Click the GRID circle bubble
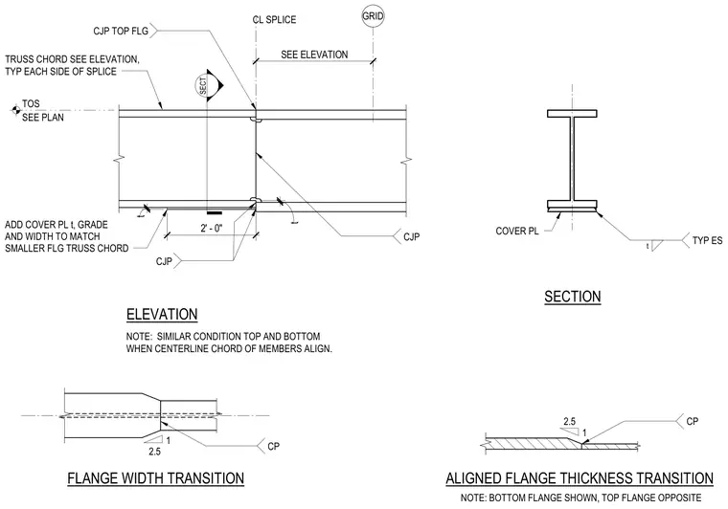pos(373,16)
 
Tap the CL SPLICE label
pos(274,19)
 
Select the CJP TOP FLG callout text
pos(121,31)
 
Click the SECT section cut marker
pos(209,86)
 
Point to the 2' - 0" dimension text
pos(212,228)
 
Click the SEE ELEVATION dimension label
pos(314,55)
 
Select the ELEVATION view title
pos(162,315)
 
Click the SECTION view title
pos(573,297)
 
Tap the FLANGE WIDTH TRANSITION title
pos(156,478)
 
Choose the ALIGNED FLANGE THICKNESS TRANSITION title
pos(580,478)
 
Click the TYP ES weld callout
pos(707,240)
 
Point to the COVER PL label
pos(517,231)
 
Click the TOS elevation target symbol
pos(15,110)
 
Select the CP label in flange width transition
pos(273,446)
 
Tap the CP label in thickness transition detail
pos(693,421)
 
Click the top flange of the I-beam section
pos(572,114)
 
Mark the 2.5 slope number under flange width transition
pos(154,451)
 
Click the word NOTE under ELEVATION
pos(138,336)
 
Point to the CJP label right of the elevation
pos(411,237)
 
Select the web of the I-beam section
pos(573,159)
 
